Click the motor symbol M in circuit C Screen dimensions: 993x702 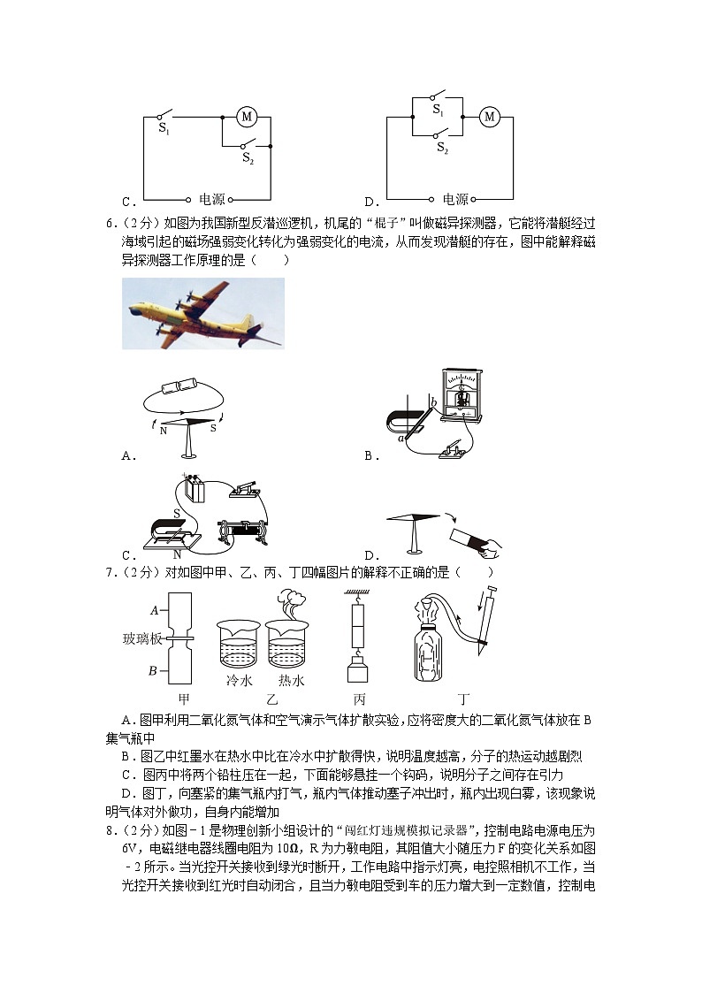click(x=247, y=117)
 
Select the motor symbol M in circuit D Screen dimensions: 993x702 click(x=489, y=117)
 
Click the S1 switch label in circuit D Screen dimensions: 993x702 click(x=438, y=109)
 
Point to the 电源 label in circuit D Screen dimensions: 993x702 click(x=455, y=200)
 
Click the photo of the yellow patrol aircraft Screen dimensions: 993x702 click(x=203, y=314)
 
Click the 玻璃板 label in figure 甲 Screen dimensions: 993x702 click(x=141, y=638)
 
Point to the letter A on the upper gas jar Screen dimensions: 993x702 click(x=154, y=609)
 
